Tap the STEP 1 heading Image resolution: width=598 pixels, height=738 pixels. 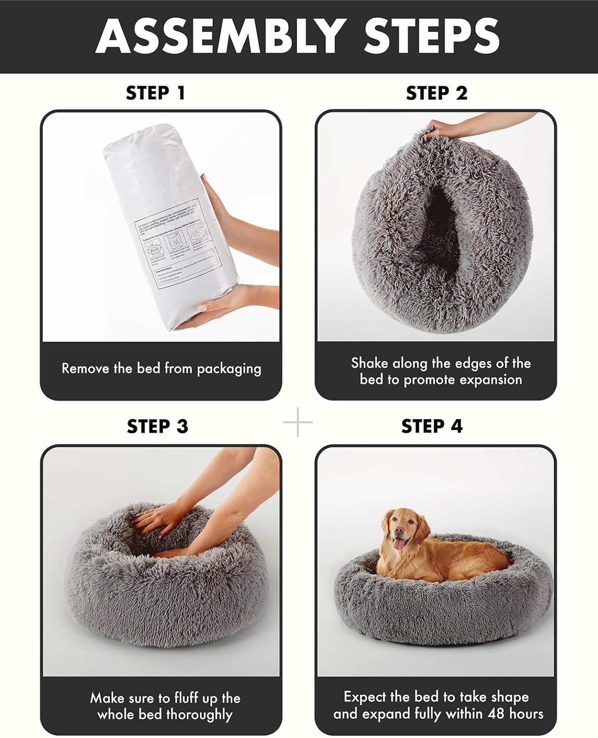point(155,92)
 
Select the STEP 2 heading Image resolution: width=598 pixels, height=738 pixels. point(437,92)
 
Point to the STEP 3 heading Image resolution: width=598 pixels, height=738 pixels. point(157,426)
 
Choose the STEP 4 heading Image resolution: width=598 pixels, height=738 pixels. point(432,426)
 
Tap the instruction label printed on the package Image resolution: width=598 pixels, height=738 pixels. point(175,248)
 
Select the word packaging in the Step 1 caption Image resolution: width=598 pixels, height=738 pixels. point(229,369)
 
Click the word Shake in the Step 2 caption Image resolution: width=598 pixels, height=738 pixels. point(369,363)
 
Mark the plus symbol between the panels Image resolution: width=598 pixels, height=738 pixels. point(298,422)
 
